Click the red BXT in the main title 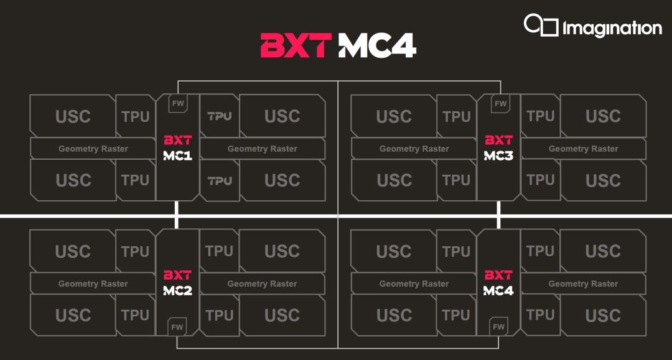coord(296,45)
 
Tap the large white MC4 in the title coord(377,45)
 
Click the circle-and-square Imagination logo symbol coord(541,25)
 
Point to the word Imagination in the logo coord(612,28)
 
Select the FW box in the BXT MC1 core coord(178,104)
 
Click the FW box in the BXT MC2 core coord(177,326)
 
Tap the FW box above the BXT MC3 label coord(500,104)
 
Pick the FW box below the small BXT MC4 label coord(498,326)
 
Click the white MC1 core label coord(177,156)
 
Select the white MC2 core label coord(177,290)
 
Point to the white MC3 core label coord(498,156)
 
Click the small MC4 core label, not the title coord(498,290)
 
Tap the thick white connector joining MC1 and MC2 coord(177,215)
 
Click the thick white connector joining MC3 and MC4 coord(498,215)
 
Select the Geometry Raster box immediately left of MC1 coord(93,149)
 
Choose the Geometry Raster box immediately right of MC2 coord(263,284)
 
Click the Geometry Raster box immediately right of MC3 coord(583,149)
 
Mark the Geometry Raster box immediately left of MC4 coord(414,284)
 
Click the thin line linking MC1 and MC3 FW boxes coord(339,80)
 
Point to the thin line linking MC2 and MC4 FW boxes coord(338,348)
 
